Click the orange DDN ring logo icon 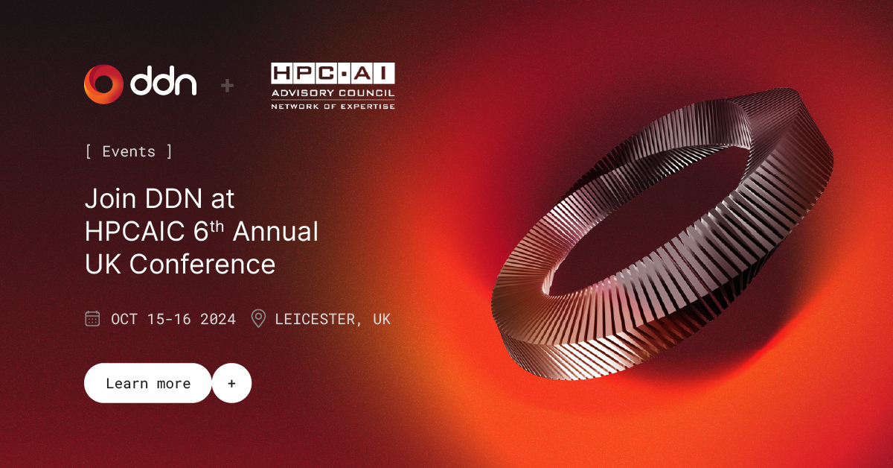(x=103, y=84)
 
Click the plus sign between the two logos (x=228, y=86)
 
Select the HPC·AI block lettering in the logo (x=333, y=74)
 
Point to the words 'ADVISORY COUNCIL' (x=333, y=93)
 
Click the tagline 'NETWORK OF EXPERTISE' (x=333, y=106)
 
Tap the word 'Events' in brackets (x=129, y=151)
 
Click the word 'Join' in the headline (x=109, y=199)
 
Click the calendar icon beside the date (x=92, y=319)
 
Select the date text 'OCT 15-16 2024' (x=173, y=319)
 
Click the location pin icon (x=258, y=319)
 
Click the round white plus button (x=231, y=383)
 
